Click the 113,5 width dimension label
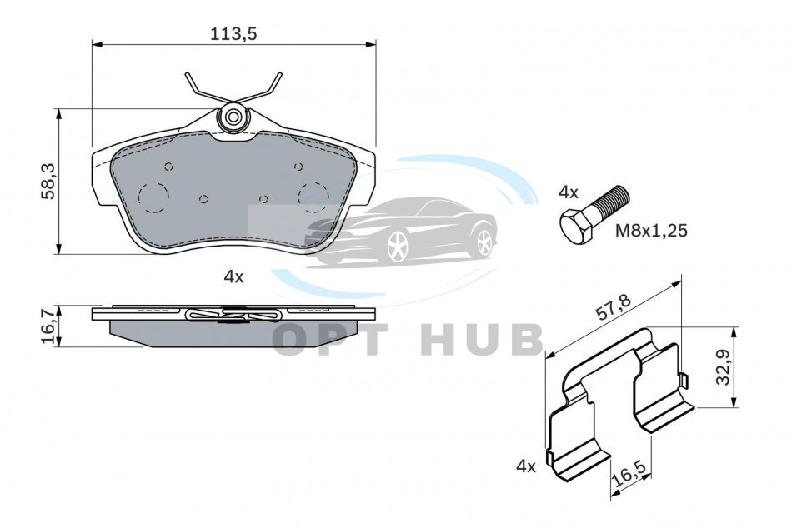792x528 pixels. (234, 33)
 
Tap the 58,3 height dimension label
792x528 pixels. (49, 181)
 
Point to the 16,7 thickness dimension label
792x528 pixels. (49, 327)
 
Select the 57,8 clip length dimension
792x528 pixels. (614, 307)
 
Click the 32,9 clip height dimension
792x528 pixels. (724, 367)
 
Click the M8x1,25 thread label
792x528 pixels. (651, 231)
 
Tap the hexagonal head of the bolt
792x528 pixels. (577, 227)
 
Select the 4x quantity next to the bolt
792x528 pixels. (569, 192)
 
